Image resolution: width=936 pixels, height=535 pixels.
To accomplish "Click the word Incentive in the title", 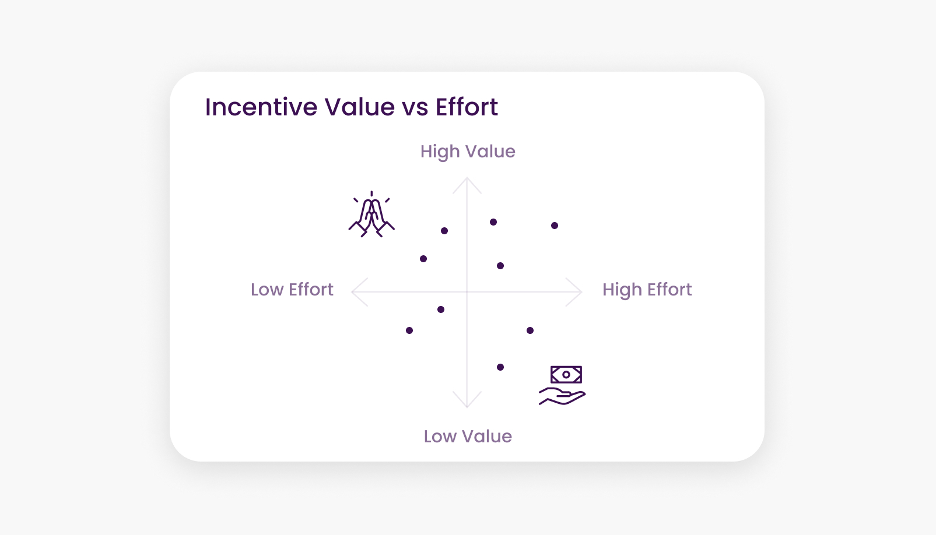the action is [x=261, y=107].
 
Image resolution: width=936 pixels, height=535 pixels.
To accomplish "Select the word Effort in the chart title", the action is [x=467, y=107].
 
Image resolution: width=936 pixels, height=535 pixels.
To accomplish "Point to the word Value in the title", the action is [x=360, y=107].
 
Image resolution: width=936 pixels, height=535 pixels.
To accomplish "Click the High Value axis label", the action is [x=468, y=151].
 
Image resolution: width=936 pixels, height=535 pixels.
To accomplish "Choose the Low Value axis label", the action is [x=468, y=437].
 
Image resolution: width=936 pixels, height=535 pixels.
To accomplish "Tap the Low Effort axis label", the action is [x=292, y=290].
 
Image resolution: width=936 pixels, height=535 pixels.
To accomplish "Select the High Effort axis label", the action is [x=647, y=290].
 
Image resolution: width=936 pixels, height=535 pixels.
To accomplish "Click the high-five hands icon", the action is [x=371, y=214].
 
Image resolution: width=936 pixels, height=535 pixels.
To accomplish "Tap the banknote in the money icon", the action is [x=566, y=374].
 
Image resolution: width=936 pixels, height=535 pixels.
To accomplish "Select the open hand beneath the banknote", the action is [x=562, y=396].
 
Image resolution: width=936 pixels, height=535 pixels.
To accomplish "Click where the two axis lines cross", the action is [x=467, y=292].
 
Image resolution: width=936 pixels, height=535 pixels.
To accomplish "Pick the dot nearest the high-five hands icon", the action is [x=444, y=231].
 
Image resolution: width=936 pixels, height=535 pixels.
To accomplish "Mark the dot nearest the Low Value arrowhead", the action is [x=500, y=367].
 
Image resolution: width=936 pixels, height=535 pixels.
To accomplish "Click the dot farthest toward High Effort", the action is [x=555, y=226].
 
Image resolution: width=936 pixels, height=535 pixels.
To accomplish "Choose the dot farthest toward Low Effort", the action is [x=409, y=330].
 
